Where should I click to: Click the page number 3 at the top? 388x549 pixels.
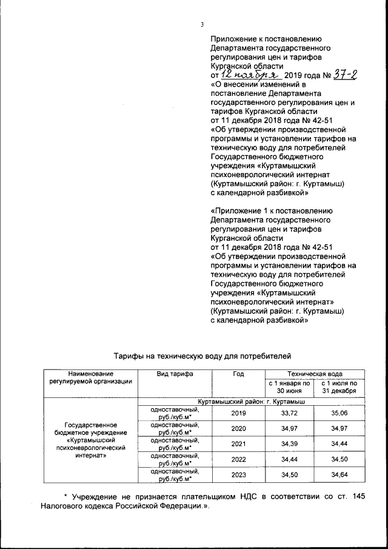click(x=200, y=25)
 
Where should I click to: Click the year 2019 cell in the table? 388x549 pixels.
click(x=239, y=413)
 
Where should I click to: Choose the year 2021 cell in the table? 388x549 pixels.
click(x=239, y=445)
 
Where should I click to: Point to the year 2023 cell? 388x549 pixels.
click(x=239, y=476)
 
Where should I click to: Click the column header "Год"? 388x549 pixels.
click(x=239, y=374)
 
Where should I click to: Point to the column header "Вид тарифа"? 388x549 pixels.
click(x=175, y=374)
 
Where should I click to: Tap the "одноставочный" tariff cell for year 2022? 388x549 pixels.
click(x=175, y=460)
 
